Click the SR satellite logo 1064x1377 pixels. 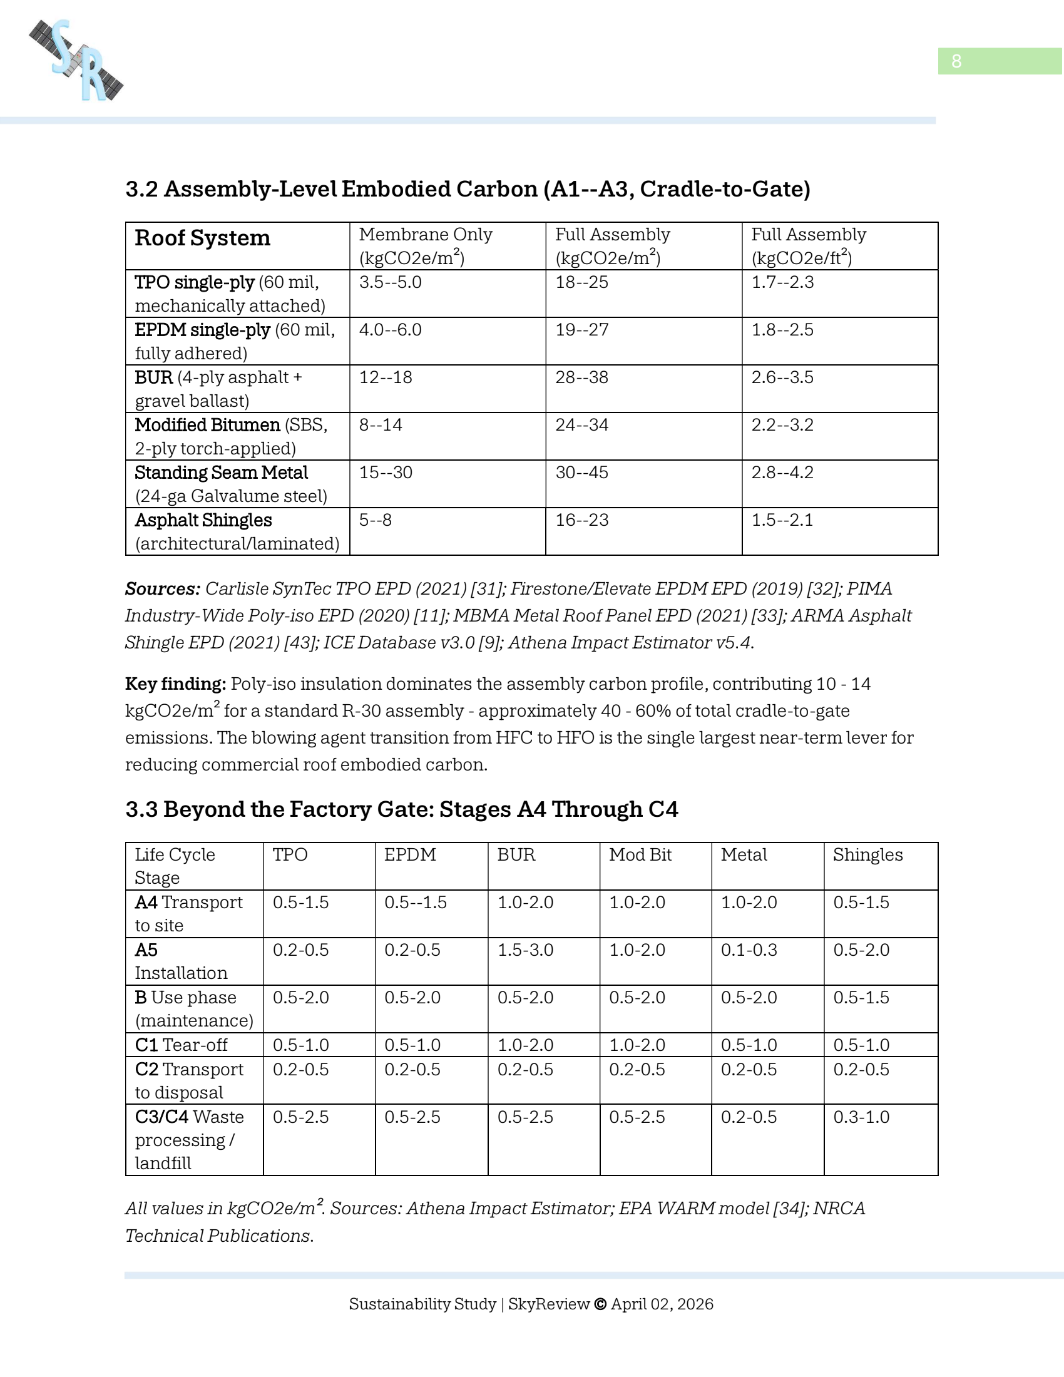pyautogui.click(x=76, y=61)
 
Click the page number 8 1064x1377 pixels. pyautogui.click(x=956, y=61)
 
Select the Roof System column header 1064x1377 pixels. pyautogui.click(x=202, y=238)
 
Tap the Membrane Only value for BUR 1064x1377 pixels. pyautogui.click(x=385, y=377)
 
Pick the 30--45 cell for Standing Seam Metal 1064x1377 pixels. pyautogui.click(x=581, y=472)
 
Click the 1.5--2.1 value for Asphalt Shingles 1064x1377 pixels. pyautogui.click(x=782, y=520)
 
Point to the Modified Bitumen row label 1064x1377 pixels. pyautogui.click(x=207, y=425)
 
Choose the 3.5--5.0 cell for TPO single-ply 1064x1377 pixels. pyautogui.click(x=390, y=282)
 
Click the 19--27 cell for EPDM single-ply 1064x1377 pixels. pyautogui.click(x=581, y=330)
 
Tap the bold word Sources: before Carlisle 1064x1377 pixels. pyautogui.click(x=163, y=589)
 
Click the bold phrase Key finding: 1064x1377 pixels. pyautogui.click(x=175, y=684)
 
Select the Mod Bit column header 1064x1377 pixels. pyautogui.click(x=640, y=854)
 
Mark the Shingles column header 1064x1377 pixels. pyautogui.click(x=867, y=854)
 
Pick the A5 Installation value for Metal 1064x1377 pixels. pyautogui.click(x=749, y=950)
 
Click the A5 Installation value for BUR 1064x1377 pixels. pyautogui.click(x=525, y=950)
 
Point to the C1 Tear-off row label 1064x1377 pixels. pyautogui.click(x=181, y=1045)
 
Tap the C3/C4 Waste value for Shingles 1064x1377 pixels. pyautogui.click(x=861, y=1117)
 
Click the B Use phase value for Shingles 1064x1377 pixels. pyautogui.click(x=861, y=998)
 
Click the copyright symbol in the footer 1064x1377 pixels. pyautogui.click(x=600, y=1304)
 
